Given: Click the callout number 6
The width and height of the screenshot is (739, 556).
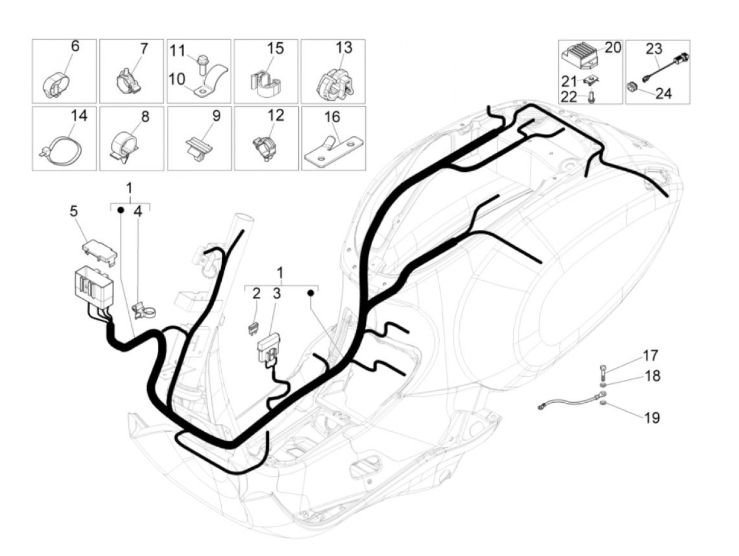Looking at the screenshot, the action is [x=75, y=46].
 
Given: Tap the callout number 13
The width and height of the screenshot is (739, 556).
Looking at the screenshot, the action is [x=344, y=48].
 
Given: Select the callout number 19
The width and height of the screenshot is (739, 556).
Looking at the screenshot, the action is [x=652, y=418].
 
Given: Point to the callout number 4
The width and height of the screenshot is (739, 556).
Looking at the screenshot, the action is [x=138, y=212].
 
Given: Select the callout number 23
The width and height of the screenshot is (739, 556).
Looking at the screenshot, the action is [x=653, y=49].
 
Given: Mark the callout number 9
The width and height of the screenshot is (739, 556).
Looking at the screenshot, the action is [x=216, y=116].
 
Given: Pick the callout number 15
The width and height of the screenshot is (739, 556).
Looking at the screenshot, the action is [x=275, y=48].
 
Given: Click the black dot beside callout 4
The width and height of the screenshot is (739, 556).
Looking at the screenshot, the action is [x=120, y=210].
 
